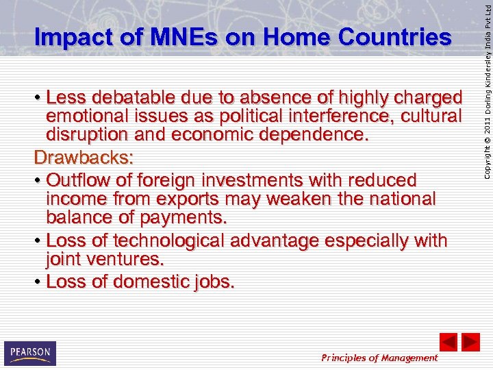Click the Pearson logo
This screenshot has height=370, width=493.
pyautogui.click(x=30, y=353)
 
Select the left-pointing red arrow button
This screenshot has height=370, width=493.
pyautogui.click(x=448, y=342)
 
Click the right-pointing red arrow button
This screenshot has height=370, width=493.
pyautogui.click(x=470, y=342)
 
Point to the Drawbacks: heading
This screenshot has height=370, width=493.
pyautogui.click(x=84, y=158)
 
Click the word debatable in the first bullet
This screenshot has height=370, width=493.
pyautogui.click(x=136, y=97)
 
